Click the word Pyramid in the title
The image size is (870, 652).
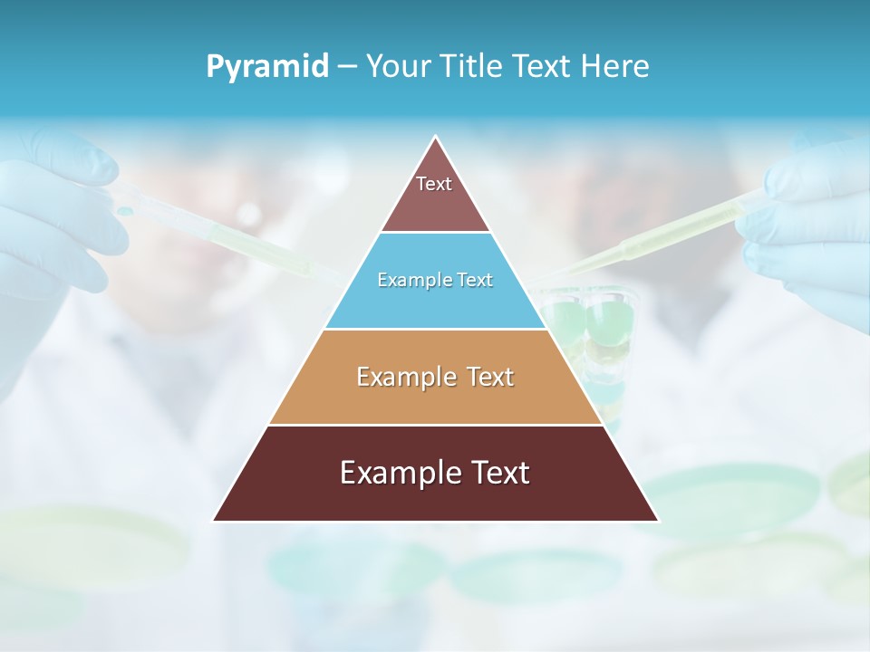pyautogui.click(x=267, y=67)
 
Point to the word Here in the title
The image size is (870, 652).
pyautogui.click(x=615, y=67)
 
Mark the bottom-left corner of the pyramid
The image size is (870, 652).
pyautogui.click(x=215, y=520)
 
